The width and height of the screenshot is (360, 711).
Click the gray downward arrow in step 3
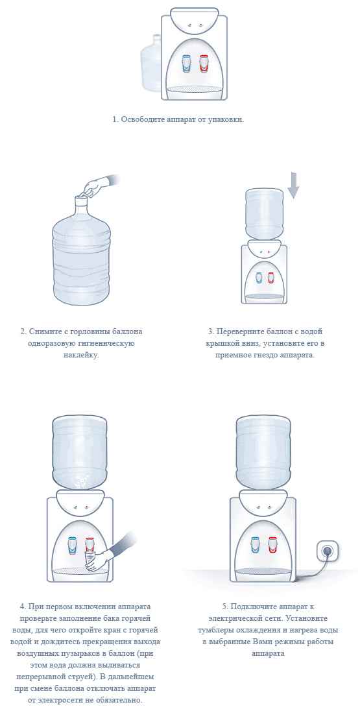point(293,185)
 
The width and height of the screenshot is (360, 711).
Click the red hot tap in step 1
point(204,64)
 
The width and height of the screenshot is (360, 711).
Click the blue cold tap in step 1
point(186,64)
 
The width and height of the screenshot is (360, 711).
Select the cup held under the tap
point(90,559)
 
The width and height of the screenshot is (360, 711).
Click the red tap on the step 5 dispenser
point(272,544)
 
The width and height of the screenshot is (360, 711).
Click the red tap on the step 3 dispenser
point(270,278)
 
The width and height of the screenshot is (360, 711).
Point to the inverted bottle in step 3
point(264,212)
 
